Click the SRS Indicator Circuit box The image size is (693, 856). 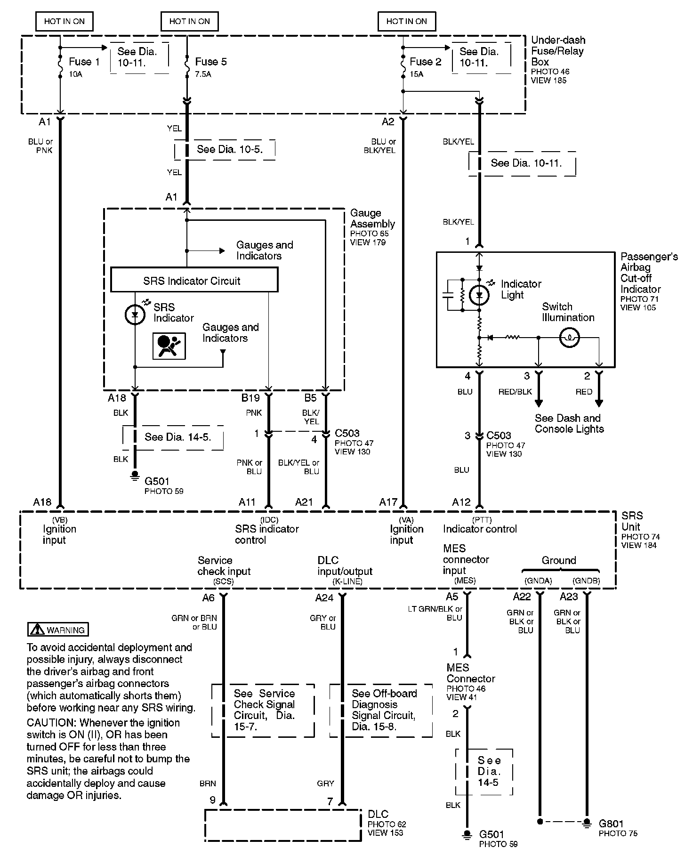pyautogui.click(x=194, y=280)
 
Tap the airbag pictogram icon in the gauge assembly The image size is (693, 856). pyautogui.click(x=169, y=346)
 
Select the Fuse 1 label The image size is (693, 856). pyautogui.click(x=84, y=62)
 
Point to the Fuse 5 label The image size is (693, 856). pyautogui.click(x=211, y=62)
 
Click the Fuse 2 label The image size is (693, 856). pyautogui.click(x=426, y=62)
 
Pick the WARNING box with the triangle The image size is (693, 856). pyautogui.click(x=58, y=630)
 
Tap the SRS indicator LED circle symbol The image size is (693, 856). pyautogui.click(x=135, y=315)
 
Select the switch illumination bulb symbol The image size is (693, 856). pyautogui.click(x=569, y=338)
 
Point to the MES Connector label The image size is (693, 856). pyautogui.click(x=470, y=673)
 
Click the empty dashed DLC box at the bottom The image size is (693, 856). pyautogui.click(x=282, y=825)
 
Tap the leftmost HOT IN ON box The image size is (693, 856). pyautogui.click(x=64, y=21)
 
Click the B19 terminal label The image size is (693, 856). pyautogui.click(x=250, y=398)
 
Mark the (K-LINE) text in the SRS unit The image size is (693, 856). pyautogui.click(x=347, y=581)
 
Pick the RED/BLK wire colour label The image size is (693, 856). pyautogui.click(x=515, y=392)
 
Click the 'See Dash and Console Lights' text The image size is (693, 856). pyautogui.click(x=569, y=423)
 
